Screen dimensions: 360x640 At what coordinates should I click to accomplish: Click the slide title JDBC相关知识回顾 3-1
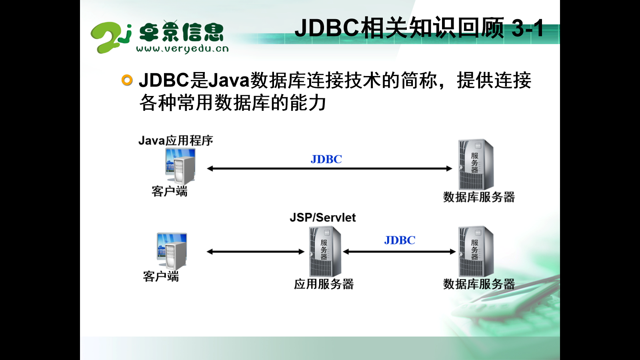click(419, 28)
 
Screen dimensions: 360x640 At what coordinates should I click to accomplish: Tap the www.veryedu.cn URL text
click(182, 49)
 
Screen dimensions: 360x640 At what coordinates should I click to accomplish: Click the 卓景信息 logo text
click(181, 32)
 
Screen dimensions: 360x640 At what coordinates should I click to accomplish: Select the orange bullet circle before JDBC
click(127, 80)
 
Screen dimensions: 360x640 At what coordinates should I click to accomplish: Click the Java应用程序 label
click(176, 140)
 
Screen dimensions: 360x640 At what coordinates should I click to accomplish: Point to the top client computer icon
click(180, 166)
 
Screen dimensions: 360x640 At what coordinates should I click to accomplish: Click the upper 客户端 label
click(169, 191)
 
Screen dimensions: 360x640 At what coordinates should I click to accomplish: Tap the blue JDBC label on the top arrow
click(326, 159)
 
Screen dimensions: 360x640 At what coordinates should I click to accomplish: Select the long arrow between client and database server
click(329, 168)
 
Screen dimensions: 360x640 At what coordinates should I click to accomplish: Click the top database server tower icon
click(476, 164)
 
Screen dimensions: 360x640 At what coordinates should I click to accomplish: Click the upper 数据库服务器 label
click(479, 197)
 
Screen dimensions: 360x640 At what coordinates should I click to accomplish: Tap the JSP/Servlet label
click(322, 217)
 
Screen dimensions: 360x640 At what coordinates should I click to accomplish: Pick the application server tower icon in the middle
click(325, 251)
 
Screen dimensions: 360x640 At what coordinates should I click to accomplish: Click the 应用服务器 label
click(324, 284)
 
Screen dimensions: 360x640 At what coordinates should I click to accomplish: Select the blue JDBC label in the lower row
click(400, 240)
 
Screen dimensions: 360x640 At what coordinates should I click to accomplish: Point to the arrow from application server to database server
click(399, 252)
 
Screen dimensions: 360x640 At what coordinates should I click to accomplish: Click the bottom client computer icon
click(172, 251)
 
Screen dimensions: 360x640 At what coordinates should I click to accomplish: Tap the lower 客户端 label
click(161, 276)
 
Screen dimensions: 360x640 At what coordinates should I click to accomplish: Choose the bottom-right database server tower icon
click(476, 251)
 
